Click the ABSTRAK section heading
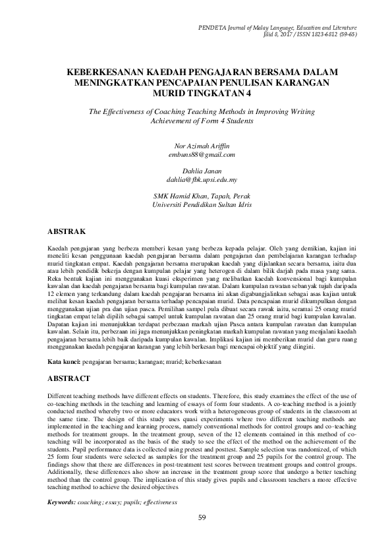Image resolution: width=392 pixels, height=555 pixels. (70, 232)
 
